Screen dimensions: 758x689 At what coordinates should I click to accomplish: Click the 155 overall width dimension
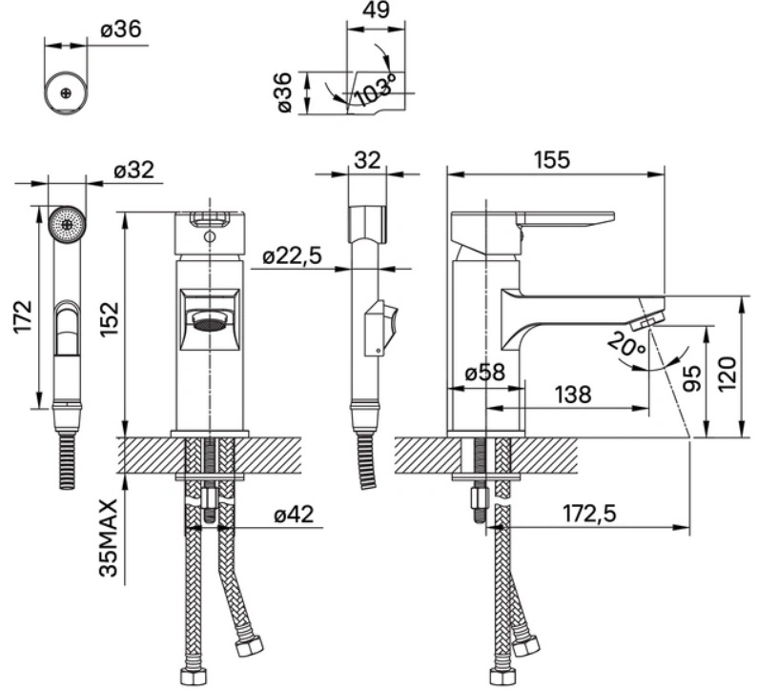click(552, 160)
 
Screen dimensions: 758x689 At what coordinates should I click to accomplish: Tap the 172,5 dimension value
click(590, 514)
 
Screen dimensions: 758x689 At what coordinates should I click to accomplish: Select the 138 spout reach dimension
click(573, 395)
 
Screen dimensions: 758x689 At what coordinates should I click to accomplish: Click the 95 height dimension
click(693, 377)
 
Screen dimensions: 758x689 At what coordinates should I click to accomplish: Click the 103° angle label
click(375, 90)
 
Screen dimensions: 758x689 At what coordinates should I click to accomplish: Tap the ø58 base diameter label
click(485, 373)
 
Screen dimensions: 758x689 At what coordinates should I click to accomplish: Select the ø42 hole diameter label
click(294, 514)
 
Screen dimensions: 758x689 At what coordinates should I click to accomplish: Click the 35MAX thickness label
click(109, 538)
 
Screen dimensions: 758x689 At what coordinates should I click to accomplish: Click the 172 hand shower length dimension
click(23, 316)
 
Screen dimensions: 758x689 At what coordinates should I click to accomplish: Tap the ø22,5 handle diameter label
click(293, 255)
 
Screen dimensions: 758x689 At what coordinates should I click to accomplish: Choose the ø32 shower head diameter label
click(133, 170)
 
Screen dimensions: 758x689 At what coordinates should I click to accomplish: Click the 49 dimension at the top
click(376, 10)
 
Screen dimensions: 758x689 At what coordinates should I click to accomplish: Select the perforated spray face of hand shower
click(67, 224)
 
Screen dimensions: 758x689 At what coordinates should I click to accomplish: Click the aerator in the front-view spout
click(211, 323)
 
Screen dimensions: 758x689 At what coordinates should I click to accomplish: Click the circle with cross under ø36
click(66, 92)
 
